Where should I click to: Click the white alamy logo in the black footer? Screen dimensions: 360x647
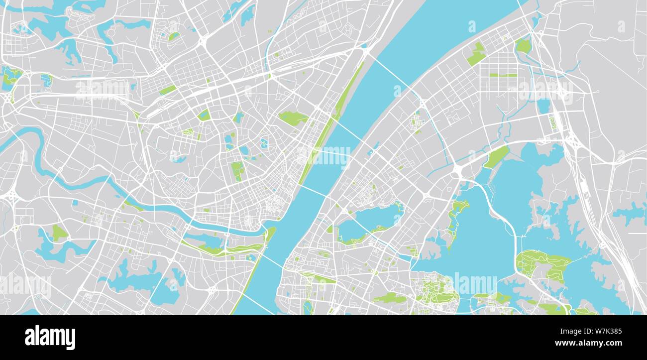(x=50, y=337)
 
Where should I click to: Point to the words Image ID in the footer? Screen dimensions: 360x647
(x=562, y=330)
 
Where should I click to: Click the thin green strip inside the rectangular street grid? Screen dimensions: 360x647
(x=503, y=75)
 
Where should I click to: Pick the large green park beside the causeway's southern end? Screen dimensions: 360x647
(x=542, y=264)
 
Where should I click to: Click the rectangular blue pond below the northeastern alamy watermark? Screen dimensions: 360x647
(x=543, y=106)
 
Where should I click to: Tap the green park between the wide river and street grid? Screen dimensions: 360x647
(x=477, y=54)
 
